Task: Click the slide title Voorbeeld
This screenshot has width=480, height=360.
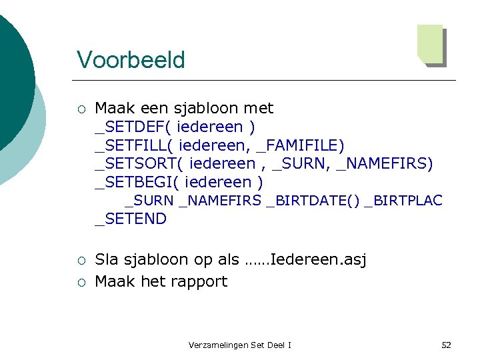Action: pos(131,60)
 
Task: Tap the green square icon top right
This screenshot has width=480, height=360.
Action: pos(431,45)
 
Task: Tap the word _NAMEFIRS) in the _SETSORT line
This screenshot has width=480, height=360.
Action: pos(385,163)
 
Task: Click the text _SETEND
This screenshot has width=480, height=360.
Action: pos(131,219)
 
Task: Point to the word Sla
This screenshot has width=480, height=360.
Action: pos(107,259)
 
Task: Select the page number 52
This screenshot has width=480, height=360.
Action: pos(446,345)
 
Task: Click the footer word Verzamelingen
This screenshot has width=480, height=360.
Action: pos(218,345)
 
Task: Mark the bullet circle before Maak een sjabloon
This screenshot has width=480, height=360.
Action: pos(81,109)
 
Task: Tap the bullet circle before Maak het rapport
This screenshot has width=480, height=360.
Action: pos(81,282)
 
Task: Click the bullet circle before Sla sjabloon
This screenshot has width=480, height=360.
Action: pos(81,260)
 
